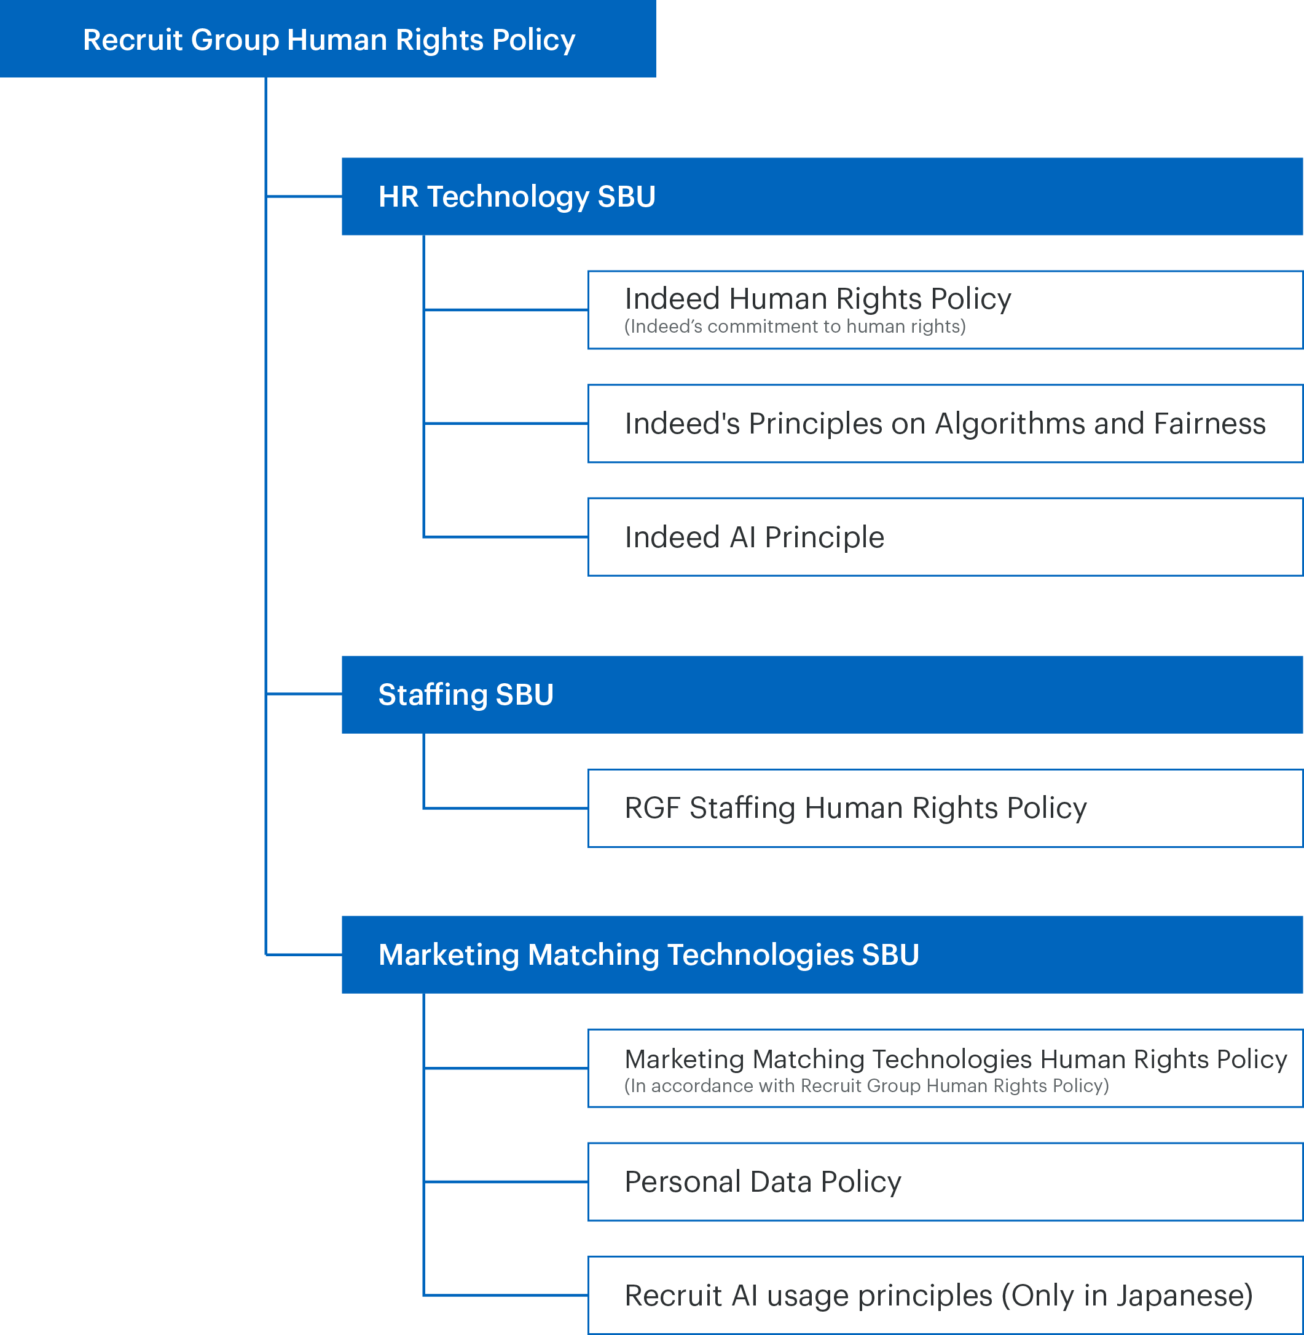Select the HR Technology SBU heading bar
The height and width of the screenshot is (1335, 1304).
pos(821,197)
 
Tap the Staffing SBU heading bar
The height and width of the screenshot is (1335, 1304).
pos(821,694)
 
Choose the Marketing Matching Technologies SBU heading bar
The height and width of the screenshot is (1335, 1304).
pos(821,954)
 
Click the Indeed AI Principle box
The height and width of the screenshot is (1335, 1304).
pos(945,537)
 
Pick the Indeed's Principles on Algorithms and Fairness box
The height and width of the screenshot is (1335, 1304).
pos(945,424)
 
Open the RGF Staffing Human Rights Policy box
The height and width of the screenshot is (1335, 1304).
pos(945,808)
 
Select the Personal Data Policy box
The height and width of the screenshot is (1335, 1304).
pos(945,1181)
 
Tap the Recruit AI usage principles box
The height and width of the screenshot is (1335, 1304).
pos(945,1295)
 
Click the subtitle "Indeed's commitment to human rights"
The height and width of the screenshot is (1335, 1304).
pos(795,327)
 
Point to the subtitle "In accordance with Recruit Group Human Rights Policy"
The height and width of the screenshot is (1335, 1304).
pos(866,1085)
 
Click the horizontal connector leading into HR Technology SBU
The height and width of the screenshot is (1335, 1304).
pos(304,197)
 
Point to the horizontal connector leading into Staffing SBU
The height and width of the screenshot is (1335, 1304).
pos(304,694)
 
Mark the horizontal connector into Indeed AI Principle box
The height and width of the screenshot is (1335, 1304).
pos(505,537)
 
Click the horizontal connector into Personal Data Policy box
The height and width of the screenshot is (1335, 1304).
pos(505,1181)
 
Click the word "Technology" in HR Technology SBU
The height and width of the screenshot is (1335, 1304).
pos(508,197)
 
